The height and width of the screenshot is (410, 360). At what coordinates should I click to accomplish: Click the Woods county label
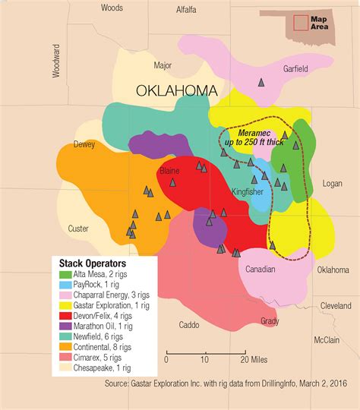tap(112, 8)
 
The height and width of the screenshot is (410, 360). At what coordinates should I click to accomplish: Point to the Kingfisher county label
tap(248, 191)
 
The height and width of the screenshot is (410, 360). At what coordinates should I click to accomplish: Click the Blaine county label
tap(169, 172)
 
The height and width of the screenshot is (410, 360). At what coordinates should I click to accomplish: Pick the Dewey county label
tap(84, 144)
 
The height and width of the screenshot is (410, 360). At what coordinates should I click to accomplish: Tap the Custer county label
tap(78, 229)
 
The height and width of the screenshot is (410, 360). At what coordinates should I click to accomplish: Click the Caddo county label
tap(189, 325)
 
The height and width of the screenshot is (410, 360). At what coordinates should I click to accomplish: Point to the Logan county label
tap(333, 184)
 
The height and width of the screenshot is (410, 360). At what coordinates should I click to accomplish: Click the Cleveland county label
tap(336, 305)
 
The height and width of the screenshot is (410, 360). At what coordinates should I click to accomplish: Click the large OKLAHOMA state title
tap(177, 91)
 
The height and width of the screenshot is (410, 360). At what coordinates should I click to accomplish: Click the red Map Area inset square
tap(302, 22)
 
